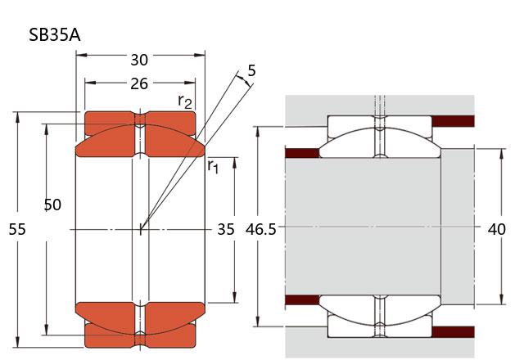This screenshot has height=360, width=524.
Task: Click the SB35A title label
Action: pyautogui.click(x=55, y=34)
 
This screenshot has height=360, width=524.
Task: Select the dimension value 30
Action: pyautogui.click(x=139, y=60)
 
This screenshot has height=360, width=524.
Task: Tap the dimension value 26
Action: pyautogui.click(x=139, y=83)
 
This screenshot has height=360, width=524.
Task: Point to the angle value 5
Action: pyautogui.click(x=251, y=70)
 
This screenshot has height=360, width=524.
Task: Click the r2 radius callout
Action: pyautogui.click(x=185, y=101)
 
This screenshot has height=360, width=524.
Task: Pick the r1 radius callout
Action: pyautogui.click(x=213, y=166)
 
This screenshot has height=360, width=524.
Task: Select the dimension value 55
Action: pyautogui.click(x=17, y=229)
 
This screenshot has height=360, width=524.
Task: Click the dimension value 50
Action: pyautogui.click(x=52, y=205)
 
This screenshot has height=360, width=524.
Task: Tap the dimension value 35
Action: pyautogui.click(x=226, y=229)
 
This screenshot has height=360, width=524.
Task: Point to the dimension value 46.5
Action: pyautogui.click(x=261, y=230)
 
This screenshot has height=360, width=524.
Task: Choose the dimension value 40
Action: pyautogui.click(x=497, y=229)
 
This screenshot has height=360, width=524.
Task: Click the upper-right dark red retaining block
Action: pyautogui.click(x=453, y=121)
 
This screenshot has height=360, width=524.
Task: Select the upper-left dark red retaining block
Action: pyautogui.click(x=302, y=153)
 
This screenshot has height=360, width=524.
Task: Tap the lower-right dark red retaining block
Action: pyautogui.click(x=453, y=332)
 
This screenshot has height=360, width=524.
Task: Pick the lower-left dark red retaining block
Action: pyautogui.click(x=302, y=300)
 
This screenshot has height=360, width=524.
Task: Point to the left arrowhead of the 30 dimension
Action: pyautogui.click(x=82, y=55)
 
